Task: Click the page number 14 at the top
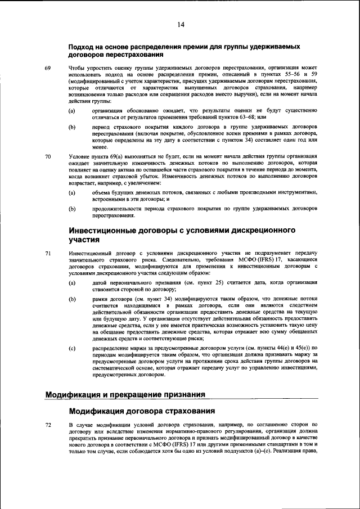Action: (181, 24)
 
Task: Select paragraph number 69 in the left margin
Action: (48, 68)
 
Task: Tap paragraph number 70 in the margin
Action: (48, 156)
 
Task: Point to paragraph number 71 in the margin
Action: (48, 253)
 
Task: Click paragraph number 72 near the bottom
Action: (48, 424)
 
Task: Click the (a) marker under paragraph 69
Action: (72, 111)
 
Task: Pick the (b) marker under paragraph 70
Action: (72, 209)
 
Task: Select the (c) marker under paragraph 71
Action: (72, 349)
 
